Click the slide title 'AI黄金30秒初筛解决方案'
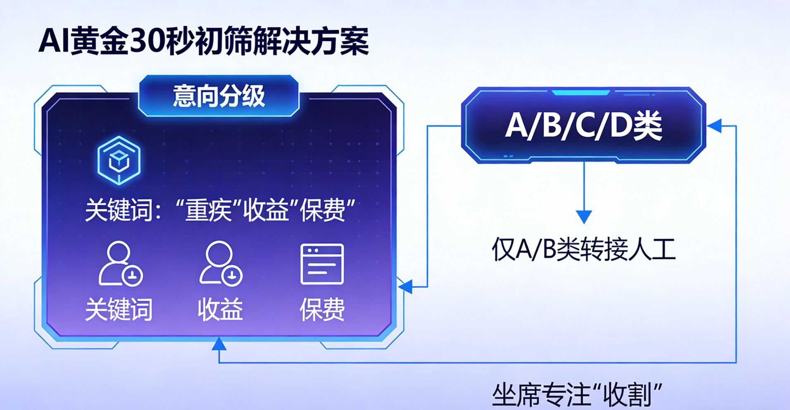point(203,41)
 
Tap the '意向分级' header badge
point(219,96)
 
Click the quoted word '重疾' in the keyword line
point(208,210)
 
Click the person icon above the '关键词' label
point(120,264)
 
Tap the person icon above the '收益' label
point(220,264)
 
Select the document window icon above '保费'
point(322,264)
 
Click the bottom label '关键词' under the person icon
point(119,309)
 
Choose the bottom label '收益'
point(220,309)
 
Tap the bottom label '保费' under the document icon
point(322,309)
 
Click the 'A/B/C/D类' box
point(583,125)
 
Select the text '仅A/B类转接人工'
point(583,250)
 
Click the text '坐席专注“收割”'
point(577,395)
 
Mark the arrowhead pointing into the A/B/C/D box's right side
point(715,126)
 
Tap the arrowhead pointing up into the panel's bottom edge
point(219,344)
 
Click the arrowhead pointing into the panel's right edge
point(406,286)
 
